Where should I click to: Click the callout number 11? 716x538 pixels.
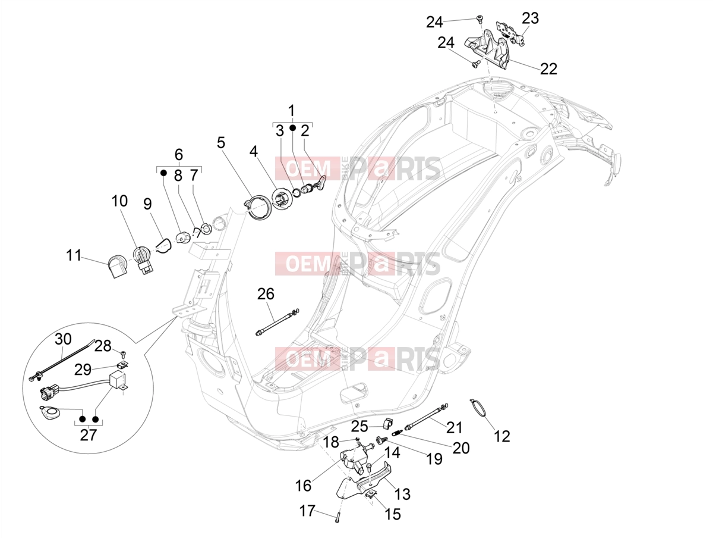[x=74, y=255]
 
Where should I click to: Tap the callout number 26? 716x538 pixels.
[x=266, y=294]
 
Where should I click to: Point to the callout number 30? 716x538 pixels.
[x=63, y=339]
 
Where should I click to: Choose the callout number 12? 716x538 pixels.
[x=501, y=436]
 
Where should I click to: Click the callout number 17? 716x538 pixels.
[x=307, y=511]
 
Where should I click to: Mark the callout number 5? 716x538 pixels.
[x=221, y=142]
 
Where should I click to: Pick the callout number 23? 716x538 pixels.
[x=530, y=18]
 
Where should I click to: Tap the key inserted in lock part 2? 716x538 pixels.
[x=320, y=182]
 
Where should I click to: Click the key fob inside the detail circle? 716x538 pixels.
[x=49, y=412]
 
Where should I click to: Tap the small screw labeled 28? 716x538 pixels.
[x=124, y=354]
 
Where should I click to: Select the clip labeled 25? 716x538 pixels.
[x=387, y=424]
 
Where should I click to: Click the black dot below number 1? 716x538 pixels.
[x=293, y=128]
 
